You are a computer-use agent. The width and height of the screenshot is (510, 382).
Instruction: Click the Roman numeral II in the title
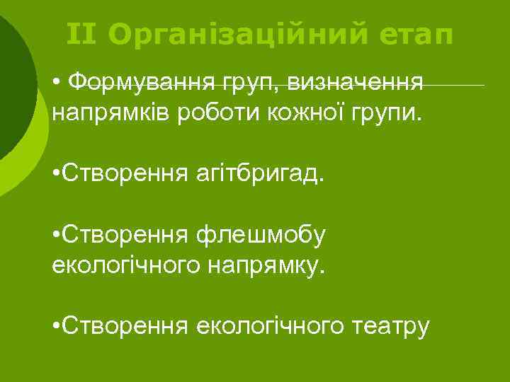(x=82, y=33)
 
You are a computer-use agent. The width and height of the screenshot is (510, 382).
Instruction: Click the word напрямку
(x=271, y=265)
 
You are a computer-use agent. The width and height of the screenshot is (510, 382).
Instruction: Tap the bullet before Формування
(x=56, y=84)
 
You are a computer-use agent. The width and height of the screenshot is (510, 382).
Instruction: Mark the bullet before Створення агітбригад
(x=56, y=174)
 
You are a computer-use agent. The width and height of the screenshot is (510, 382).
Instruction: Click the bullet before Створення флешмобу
(x=56, y=234)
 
